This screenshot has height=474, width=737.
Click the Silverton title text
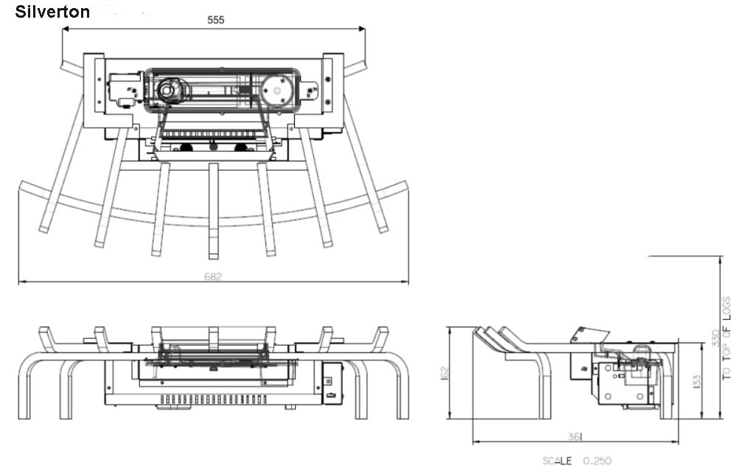click(x=52, y=13)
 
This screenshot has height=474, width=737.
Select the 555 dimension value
click(x=214, y=21)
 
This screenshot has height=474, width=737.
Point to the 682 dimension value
click(x=213, y=276)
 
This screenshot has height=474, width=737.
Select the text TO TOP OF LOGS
click(x=727, y=338)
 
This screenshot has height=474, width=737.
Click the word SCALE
click(x=556, y=461)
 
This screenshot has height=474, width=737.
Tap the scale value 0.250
click(x=597, y=461)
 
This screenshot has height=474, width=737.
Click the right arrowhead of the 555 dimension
click(x=363, y=29)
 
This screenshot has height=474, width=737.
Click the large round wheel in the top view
click(x=278, y=90)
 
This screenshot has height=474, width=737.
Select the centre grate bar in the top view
click(x=213, y=210)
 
